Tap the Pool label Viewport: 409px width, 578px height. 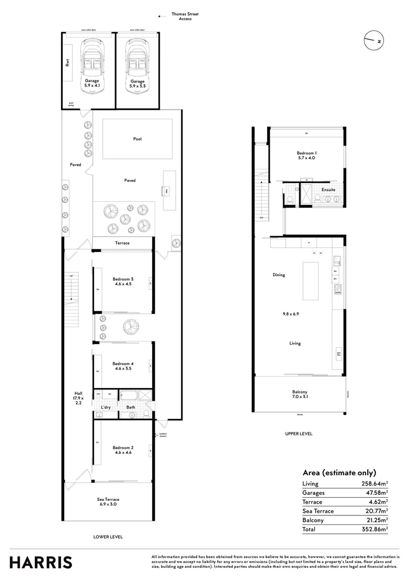click(138, 139)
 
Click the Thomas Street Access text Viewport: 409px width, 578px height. click(185, 17)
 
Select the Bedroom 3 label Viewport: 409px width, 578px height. click(123, 282)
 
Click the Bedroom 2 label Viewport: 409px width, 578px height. click(123, 450)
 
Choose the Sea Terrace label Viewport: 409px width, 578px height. click(108, 501)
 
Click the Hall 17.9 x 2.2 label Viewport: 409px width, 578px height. click(78, 398)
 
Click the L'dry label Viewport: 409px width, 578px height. click(105, 408)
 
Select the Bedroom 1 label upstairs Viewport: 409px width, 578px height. click(307, 155)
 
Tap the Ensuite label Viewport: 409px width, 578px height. click(328, 189)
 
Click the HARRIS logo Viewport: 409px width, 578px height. click(41, 562)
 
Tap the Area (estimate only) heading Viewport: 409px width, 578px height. click(339, 473)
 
